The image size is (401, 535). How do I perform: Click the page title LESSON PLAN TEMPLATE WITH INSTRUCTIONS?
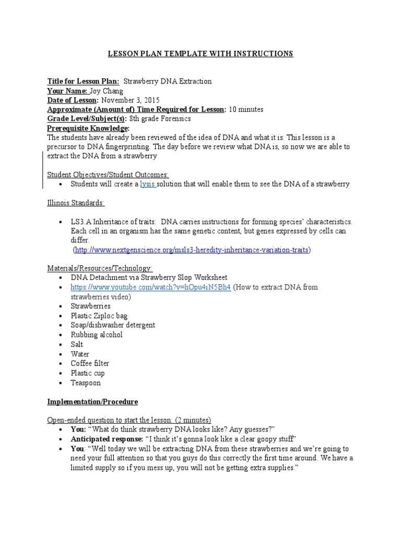[x=200, y=54]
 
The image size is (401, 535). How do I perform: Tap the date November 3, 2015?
[x=130, y=100]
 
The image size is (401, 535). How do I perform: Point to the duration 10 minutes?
[x=246, y=110]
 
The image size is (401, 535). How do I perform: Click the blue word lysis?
[x=147, y=184]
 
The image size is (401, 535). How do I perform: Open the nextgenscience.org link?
[x=192, y=250]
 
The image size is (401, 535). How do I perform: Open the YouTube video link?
[x=150, y=287]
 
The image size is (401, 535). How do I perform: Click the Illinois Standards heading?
[x=76, y=203]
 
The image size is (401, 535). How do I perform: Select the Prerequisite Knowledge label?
[x=88, y=129]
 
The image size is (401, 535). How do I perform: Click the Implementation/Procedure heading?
[x=92, y=402]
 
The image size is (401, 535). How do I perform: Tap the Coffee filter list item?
[x=90, y=364]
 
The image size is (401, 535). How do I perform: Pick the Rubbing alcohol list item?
[x=97, y=335]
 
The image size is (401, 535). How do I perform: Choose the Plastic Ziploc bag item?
[x=99, y=316]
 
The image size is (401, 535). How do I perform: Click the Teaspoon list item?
[x=86, y=383]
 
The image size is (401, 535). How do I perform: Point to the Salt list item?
[x=77, y=345]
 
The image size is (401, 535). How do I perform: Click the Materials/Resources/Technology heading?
[x=100, y=269]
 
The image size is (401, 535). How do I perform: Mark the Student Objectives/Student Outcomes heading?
[x=108, y=175]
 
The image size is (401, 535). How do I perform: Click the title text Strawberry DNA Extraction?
[x=167, y=82]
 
